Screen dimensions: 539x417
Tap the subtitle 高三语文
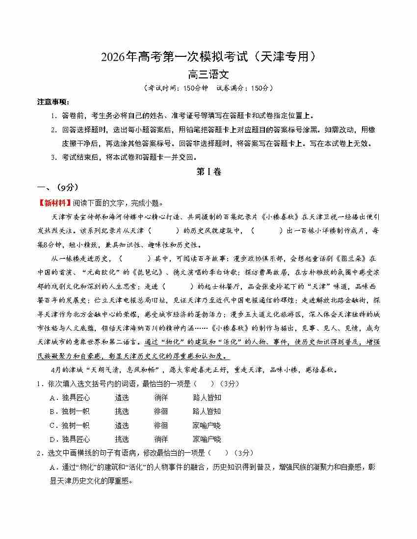(208, 75)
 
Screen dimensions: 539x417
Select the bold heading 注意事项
(53, 102)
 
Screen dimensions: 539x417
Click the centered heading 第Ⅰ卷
(208, 171)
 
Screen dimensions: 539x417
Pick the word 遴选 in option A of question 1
(122, 397)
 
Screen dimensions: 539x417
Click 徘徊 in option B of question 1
(160, 411)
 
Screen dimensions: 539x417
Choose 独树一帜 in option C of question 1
(76, 425)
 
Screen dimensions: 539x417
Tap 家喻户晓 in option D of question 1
(207, 439)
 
